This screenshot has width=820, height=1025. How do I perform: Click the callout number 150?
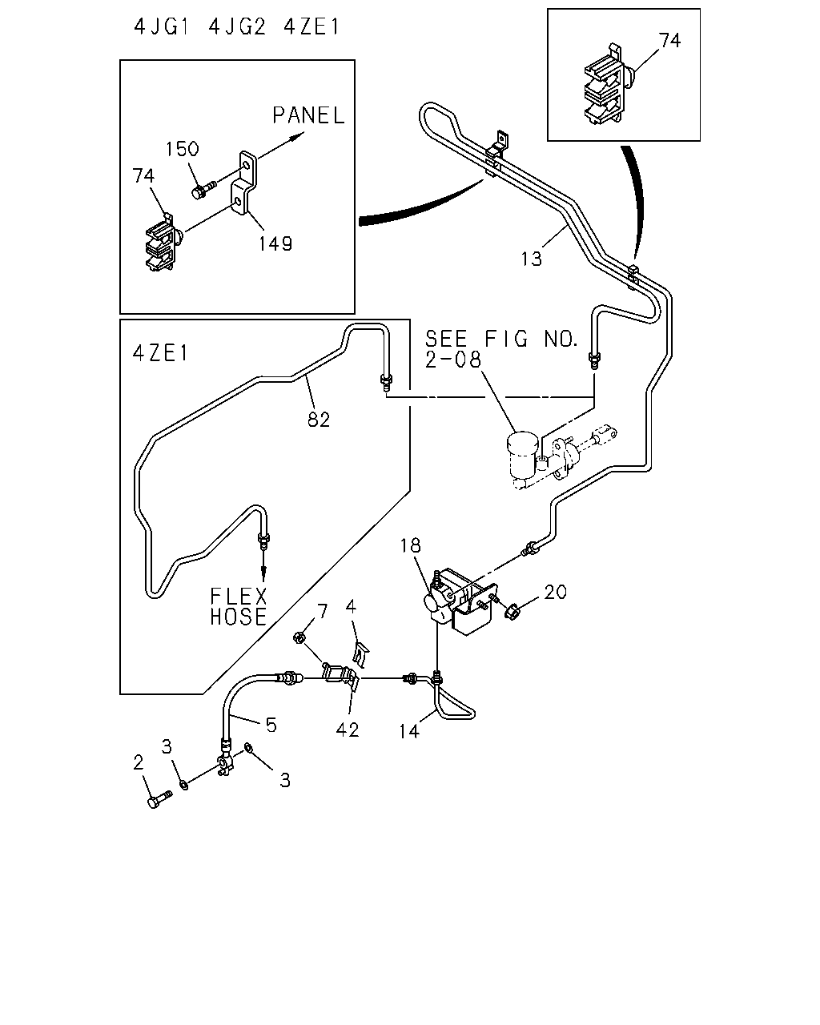click(x=182, y=149)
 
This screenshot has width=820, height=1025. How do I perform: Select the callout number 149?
click(x=275, y=244)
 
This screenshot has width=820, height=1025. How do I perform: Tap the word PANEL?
click(x=308, y=116)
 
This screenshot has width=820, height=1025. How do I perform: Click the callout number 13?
click(x=531, y=259)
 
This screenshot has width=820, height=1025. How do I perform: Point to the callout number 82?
click(x=319, y=420)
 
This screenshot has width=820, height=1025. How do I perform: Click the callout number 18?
click(x=410, y=545)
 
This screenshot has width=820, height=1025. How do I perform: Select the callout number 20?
click(x=555, y=592)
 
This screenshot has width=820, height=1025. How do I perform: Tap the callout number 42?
click(x=347, y=730)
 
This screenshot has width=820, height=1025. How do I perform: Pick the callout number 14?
click(x=409, y=731)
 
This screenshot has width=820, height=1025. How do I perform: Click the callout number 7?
click(x=323, y=611)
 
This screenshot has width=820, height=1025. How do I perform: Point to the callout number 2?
click(x=139, y=762)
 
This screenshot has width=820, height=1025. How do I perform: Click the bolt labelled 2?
click(x=159, y=800)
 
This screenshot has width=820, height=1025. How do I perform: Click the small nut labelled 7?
click(x=299, y=637)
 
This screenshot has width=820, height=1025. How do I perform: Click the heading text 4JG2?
click(x=237, y=26)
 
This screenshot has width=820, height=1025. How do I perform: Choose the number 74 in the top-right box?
click(x=670, y=41)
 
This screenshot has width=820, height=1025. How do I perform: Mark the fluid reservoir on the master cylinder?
click(x=522, y=455)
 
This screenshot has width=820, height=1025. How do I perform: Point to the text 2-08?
click(x=452, y=360)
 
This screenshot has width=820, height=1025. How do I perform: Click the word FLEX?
click(x=239, y=597)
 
